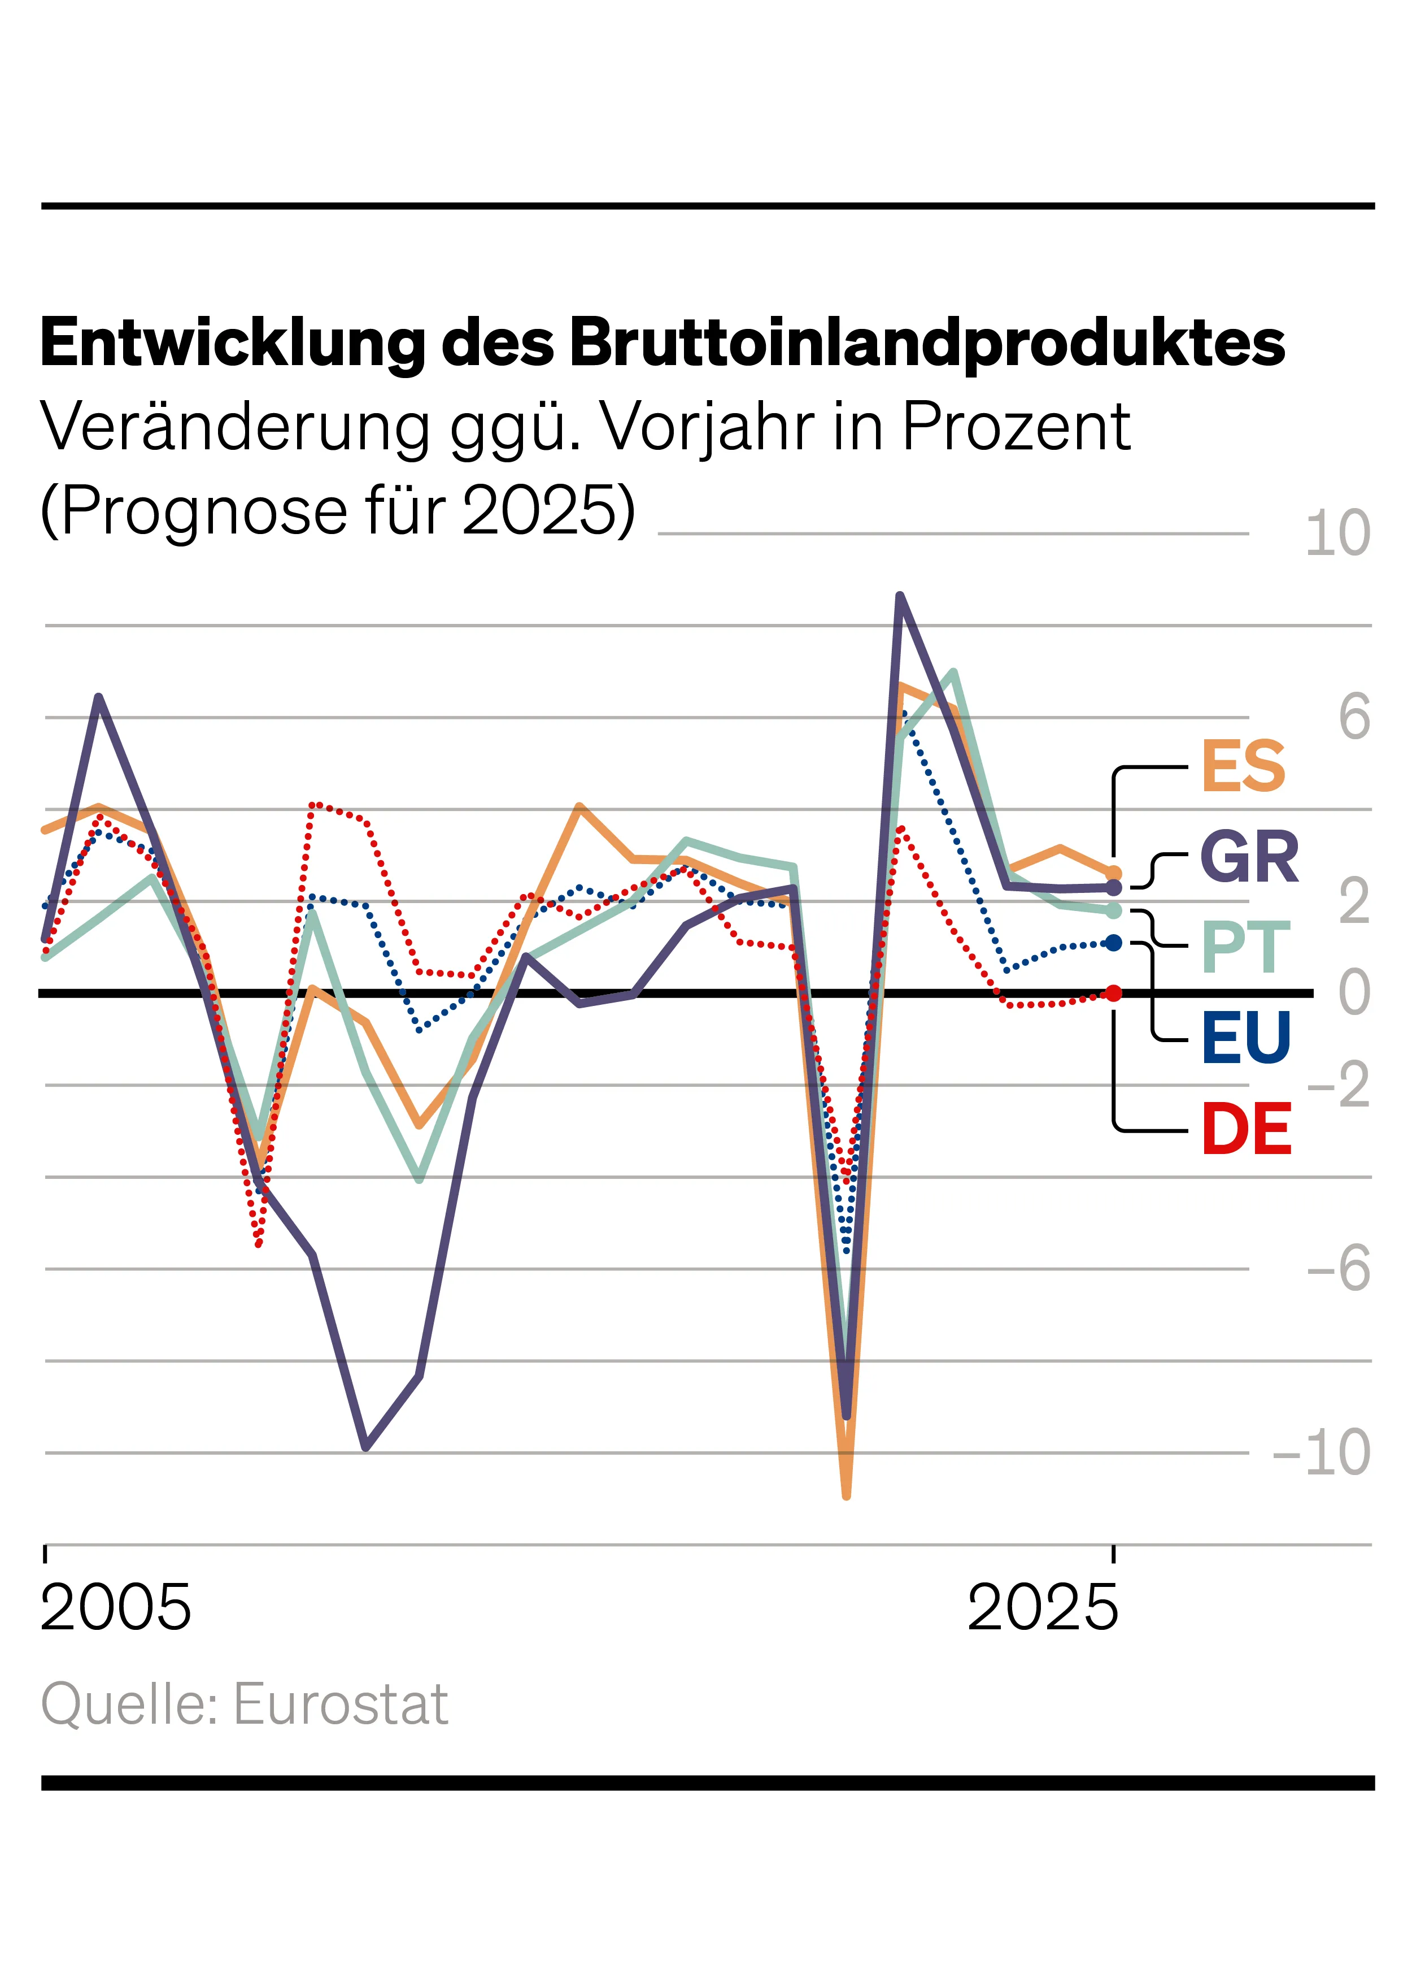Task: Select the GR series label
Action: coord(1249,858)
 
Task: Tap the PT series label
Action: coord(1245,948)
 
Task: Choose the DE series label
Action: coord(1246,1129)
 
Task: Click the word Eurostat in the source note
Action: coord(340,1704)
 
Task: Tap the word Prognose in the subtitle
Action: coord(204,510)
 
